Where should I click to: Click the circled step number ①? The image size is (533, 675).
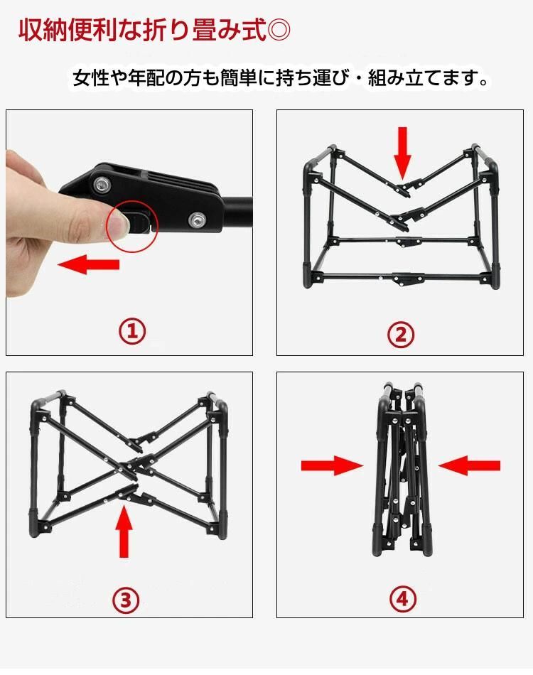pos(132,331)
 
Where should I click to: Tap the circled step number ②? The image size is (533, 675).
pos(400,335)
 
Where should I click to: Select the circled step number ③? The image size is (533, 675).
pos(126,599)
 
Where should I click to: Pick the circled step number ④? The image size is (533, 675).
pos(402,599)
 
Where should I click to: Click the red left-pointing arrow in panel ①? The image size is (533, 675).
pos(88,264)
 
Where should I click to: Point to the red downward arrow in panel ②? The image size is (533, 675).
pos(402,153)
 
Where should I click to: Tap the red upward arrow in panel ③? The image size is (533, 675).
pos(124,531)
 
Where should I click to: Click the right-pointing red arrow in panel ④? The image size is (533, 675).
pos(332,466)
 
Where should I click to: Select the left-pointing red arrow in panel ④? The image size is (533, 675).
pos(469,466)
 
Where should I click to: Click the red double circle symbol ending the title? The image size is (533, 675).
pos(279,30)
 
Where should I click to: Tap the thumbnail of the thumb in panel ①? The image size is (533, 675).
pos(117,223)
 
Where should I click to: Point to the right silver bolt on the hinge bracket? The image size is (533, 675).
pos(197,220)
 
